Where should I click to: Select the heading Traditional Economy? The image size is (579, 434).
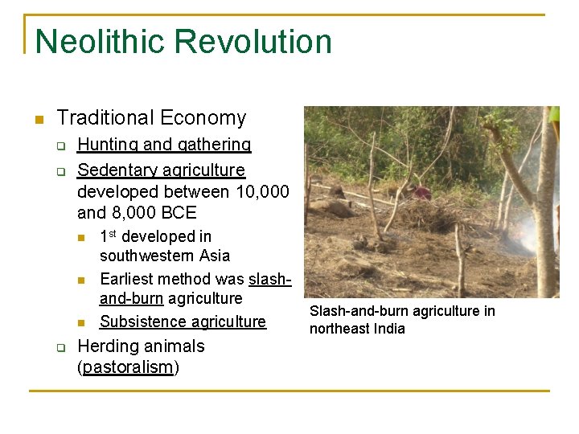point(151,118)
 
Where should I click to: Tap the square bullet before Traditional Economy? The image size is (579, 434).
point(38,120)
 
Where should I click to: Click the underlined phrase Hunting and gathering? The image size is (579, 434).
point(164,145)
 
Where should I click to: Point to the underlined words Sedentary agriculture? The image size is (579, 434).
point(161,170)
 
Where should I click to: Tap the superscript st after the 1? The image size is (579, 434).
point(112,233)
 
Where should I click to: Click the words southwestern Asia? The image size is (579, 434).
point(164,256)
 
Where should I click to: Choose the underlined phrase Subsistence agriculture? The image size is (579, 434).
point(183,321)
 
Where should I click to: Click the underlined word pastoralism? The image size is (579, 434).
point(128,368)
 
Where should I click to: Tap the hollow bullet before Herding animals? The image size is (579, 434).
point(61,348)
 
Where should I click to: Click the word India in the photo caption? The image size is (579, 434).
point(389,329)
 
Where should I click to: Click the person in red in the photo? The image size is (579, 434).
point(421,192)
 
